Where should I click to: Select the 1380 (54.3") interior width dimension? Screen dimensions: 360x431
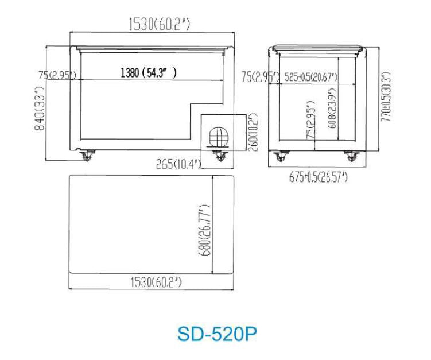click(x=148, y=73)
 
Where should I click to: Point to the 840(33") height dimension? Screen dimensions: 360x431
click(x=40, y=110)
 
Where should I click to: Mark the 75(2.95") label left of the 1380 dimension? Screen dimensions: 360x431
click(x=58, y=75)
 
